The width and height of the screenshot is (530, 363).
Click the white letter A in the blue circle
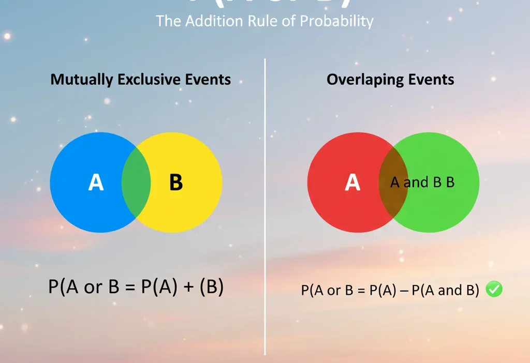tap(96, 183)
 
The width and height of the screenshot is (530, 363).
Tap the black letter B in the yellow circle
tap(176, 183)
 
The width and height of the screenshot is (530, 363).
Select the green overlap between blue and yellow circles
tap(136, 183)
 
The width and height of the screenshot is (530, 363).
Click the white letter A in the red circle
tap(352, 183)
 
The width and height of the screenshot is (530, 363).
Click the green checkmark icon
tap(495, 290)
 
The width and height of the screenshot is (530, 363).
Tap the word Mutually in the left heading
tap(82, 80)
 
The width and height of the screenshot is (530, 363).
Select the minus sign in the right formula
tap(402, 291)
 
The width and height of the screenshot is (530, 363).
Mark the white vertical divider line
tap(265, 207)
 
